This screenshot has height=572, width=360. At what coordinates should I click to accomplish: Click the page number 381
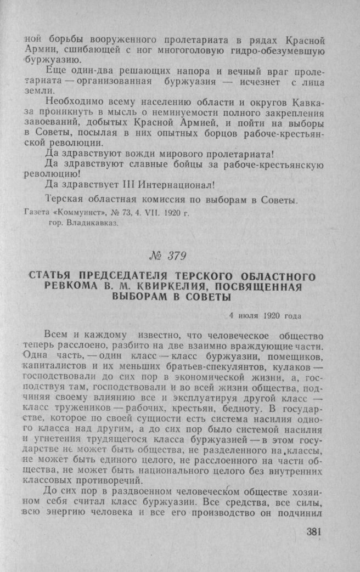311,531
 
